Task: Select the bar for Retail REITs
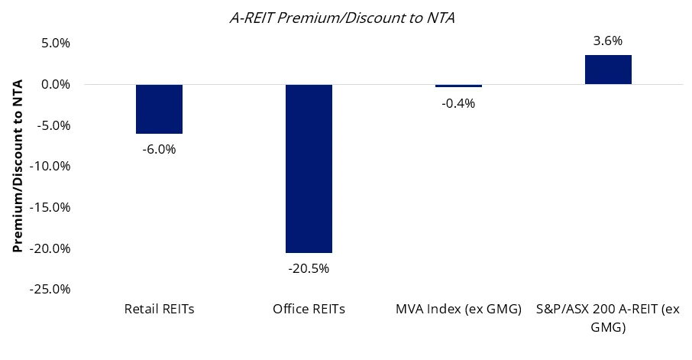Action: (159, 109)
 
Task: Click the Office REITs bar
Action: (309, 168)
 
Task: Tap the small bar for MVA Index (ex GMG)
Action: (458, 86)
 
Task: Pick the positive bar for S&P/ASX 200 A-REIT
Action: (608, 70)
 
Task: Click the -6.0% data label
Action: (159, 149)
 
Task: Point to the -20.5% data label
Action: (309, 268)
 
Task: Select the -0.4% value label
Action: (458, 103)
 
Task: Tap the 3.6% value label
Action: (608, 41)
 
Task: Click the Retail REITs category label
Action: (159, 310)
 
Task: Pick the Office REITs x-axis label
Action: (309, 310)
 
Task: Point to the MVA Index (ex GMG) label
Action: (458, 310)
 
